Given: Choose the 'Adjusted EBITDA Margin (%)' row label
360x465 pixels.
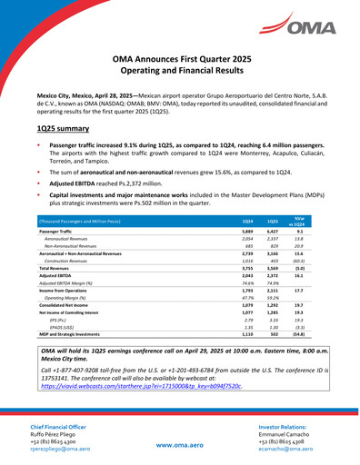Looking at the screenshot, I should [74, 284].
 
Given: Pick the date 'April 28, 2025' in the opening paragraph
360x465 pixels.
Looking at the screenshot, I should [108, 94].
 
